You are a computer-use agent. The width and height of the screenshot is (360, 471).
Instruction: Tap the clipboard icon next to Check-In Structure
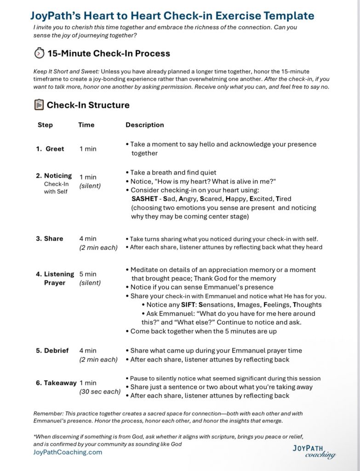[40, 105]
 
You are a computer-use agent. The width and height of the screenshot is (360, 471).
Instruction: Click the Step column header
[45, 125]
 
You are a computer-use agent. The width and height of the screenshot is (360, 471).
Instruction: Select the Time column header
[86, 125]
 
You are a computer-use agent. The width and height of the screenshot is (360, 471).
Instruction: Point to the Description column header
[144, 125]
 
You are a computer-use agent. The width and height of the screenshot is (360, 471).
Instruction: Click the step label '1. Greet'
[50, 149]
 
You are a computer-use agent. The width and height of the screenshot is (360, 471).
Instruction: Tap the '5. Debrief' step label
[52, 350]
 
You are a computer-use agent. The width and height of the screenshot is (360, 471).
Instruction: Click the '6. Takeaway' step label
[56, 383]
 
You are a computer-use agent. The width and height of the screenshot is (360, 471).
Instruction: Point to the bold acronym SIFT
[188, 304]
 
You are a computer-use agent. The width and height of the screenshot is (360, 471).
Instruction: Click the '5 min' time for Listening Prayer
[88, 274]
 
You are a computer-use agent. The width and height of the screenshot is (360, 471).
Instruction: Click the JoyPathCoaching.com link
[68, 452]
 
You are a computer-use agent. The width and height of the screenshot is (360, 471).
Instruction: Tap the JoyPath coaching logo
[314, 451]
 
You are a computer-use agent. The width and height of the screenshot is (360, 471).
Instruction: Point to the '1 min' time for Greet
[88, 149]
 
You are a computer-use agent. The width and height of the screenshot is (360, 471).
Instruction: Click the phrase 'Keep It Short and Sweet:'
[66, 71]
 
